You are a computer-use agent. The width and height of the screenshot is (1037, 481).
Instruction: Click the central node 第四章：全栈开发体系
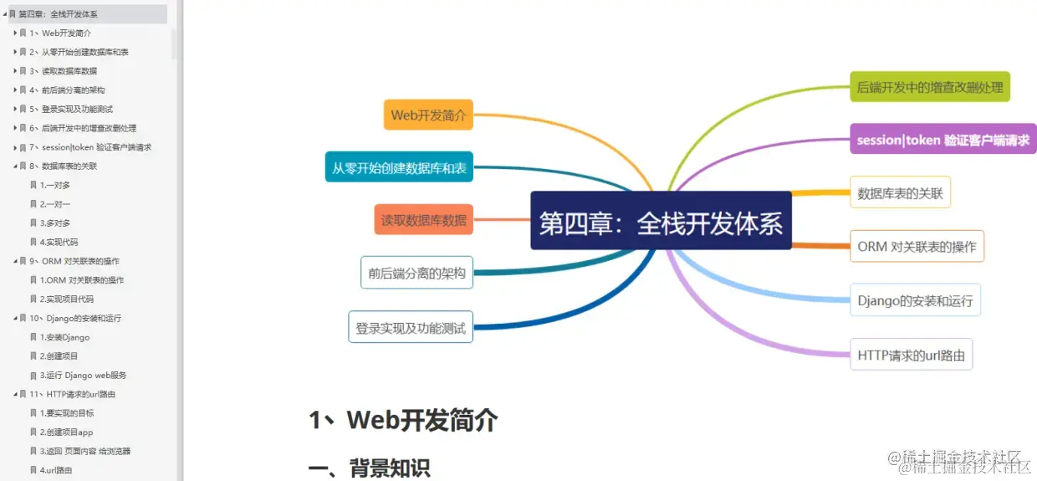[x=661, y=221]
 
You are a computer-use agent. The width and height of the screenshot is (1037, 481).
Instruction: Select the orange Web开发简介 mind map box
[x=428, y=115]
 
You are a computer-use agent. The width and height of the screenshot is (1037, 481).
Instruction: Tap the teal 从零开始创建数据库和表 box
[x=399, y=167]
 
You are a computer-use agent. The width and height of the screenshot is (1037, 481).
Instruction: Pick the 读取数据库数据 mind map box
[x=423, y=220]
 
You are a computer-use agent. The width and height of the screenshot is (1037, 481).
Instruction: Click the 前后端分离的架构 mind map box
[x=416, y=272]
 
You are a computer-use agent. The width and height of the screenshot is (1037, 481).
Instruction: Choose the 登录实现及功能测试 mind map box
[x=410, y=327]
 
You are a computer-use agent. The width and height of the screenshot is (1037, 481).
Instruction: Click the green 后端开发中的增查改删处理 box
[x=930, y=87]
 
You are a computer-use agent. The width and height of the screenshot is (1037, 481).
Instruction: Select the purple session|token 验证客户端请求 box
[x=942, y=140]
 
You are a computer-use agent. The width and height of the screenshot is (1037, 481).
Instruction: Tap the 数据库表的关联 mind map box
[x=900, y=193]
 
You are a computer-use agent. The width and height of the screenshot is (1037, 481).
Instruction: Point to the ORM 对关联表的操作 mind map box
[x=917, y=246]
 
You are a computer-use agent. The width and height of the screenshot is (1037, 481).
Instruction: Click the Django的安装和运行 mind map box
[x=915, y=299]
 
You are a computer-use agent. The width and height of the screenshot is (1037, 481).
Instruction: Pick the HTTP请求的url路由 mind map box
[x=911, y=355]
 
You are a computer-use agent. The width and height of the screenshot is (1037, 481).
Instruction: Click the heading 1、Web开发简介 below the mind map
[x=403, y=419]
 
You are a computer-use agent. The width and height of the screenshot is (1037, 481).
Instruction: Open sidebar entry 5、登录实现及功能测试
[x=77, y=109]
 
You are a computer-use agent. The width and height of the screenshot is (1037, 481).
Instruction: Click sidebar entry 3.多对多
[x=55, y=223]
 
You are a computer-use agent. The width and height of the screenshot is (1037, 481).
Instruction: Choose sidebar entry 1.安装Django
[x=64, y=337]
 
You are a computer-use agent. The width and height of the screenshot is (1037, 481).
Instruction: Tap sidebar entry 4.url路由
[x=56, y=470]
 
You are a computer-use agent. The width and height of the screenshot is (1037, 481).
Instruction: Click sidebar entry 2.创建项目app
[x=66, y=432]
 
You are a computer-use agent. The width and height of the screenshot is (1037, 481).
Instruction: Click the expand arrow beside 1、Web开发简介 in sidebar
[x=15, y=33]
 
